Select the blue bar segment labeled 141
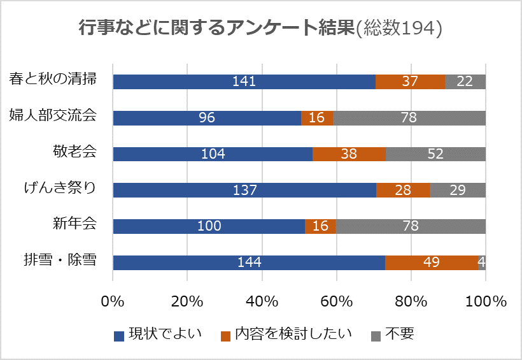point(244,82)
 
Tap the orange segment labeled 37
point(410,82)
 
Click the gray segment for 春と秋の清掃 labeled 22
point(465,82)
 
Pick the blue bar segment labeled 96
point(207,118)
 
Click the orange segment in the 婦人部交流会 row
point(317,118)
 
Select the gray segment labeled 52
point(435,154)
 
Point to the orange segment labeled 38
point(349,154)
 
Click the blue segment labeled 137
point(244,191)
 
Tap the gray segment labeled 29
point(458,191)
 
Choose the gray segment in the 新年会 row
point(411,227)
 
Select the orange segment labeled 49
point(432,263)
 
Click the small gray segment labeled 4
point(482,263)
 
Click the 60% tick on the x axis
point(337,301)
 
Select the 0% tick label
point(113,301)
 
